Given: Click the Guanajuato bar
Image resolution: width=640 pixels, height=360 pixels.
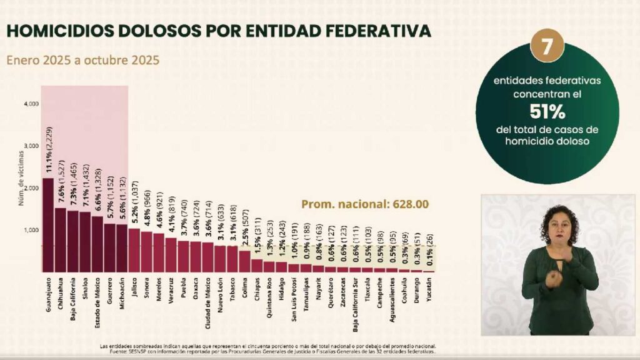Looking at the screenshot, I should pyautogui.click(x=47, y=225).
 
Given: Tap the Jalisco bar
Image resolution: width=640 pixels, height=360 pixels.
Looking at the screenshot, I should pyautogui.click(x=134, y=250).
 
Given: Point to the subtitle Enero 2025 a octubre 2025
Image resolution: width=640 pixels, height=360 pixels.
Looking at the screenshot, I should pyautogui.click(x=82, y=61).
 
